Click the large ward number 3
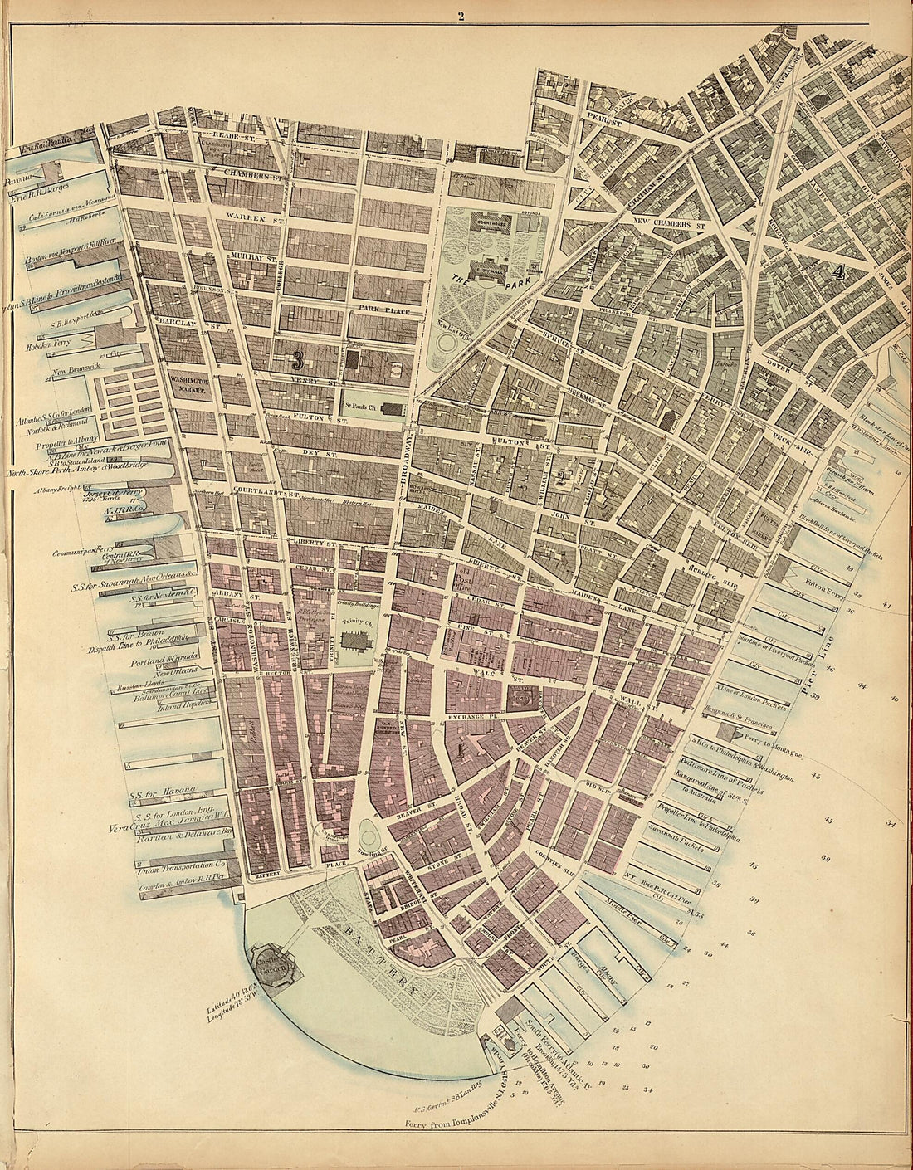(297, 361)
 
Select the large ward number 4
(839, 271)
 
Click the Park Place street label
(380, 309)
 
